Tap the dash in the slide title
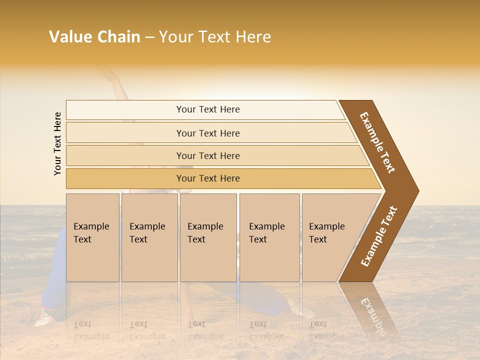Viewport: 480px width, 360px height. tap(149, 37)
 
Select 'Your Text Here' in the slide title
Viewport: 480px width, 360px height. tap(215, 37)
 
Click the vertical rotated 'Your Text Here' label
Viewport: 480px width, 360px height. tap(57, 143)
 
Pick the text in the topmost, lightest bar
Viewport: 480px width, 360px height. tap(208, 109)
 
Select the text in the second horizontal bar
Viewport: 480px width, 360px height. tap(208, 133)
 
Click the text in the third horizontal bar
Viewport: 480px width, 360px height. tap(208, 156)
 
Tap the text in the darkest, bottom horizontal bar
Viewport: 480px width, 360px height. tap(208, 178)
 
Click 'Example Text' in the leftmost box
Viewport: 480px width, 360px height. tap(91, 233)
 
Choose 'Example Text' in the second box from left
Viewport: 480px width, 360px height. tap(147, 233)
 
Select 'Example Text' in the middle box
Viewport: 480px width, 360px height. tap(205, 233)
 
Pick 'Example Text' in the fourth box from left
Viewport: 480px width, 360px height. tap(266, 233)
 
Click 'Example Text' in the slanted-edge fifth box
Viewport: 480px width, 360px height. tap(326, 233)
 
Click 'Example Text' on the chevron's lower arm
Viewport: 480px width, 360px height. tap(379, 236)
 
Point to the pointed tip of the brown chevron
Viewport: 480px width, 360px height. tap(417, 191)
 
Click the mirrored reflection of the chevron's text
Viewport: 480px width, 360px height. tap(372, 312)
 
